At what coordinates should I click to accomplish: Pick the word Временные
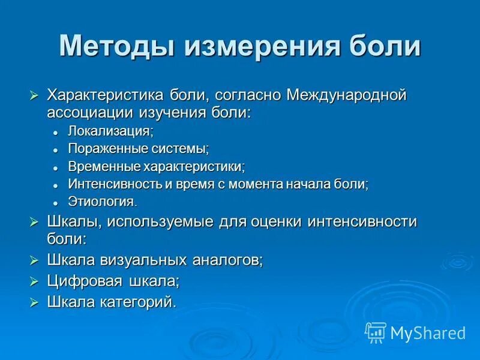pos(105,166)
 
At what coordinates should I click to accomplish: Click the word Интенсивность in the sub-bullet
pos(120,184)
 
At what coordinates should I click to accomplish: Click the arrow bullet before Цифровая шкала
pos(34,281)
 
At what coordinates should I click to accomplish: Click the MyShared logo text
pos(428,332)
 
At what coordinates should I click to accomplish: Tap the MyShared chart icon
pos(376,332)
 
